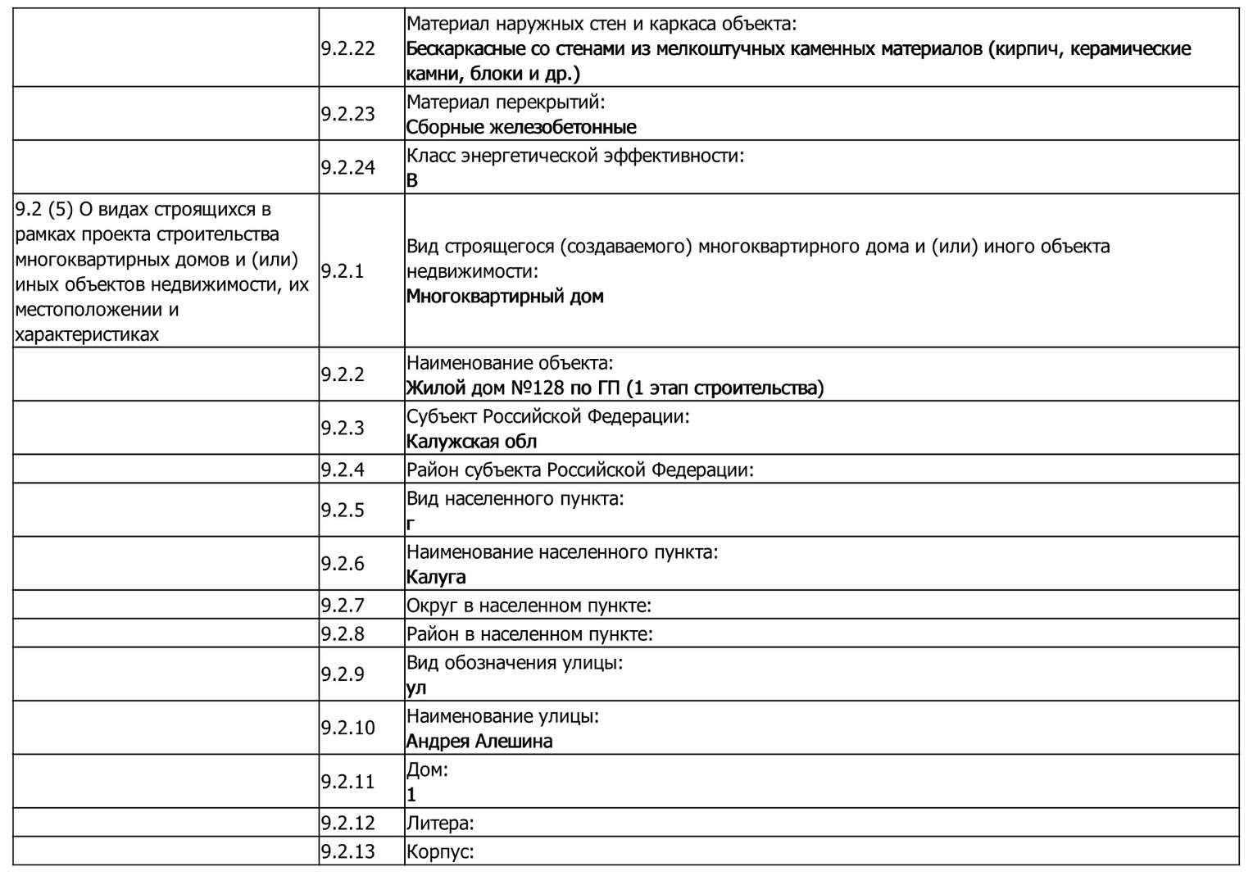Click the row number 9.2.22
(347, 48)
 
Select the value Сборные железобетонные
(521, 127)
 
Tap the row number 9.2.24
(347, 167)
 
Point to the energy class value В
(412, 180)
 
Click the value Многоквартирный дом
(505, 297)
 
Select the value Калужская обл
(471, 442)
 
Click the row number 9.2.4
(343, 470)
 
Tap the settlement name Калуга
(436, 577)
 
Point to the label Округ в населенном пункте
(529, 606)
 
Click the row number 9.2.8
(343, 634)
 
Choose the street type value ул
(416, 688)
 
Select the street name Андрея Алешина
(479, 742)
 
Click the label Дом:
(427, 770)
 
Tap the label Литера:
(440, 824)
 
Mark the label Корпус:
(440, 851)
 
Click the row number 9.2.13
(347, 851)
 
